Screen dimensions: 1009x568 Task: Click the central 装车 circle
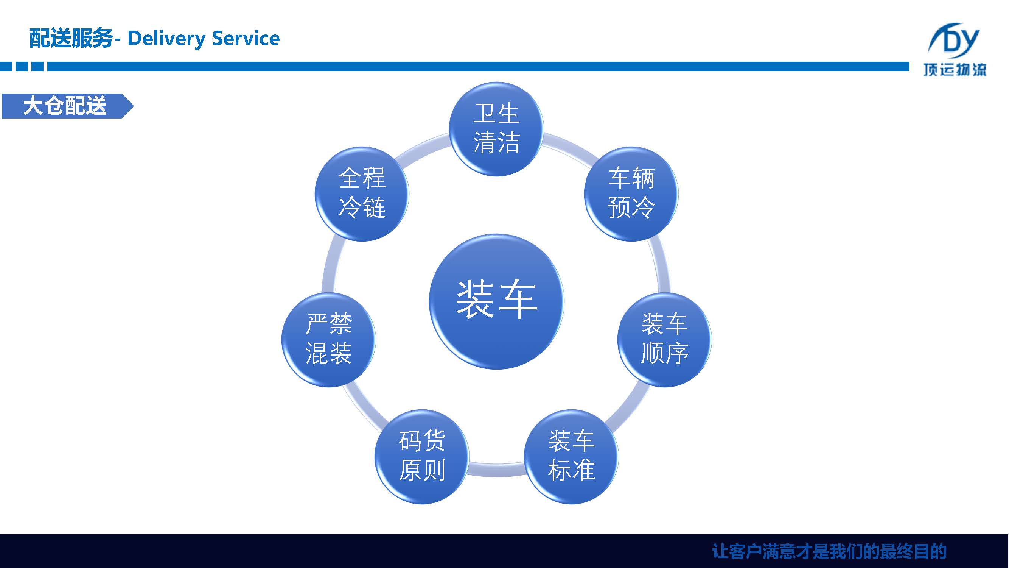coord(496,301)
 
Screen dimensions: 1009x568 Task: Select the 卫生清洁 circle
coord(496,129)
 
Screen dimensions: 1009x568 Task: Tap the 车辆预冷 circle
coord(631,194)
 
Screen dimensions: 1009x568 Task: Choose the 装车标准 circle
coord(571,457)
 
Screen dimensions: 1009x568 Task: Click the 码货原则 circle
coord(421,457)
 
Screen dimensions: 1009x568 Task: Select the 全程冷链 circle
coord(362,194)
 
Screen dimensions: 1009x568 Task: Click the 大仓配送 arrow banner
coord(67,106)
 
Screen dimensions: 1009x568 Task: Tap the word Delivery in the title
coord(166,38)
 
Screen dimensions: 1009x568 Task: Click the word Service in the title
coord(246,38)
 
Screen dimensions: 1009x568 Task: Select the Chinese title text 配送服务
coord(71,38)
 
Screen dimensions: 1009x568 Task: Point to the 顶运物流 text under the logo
coord(955,70)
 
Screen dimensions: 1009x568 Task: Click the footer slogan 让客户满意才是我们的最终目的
coord(829,552)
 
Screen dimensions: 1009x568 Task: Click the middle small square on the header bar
coord(22,66)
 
